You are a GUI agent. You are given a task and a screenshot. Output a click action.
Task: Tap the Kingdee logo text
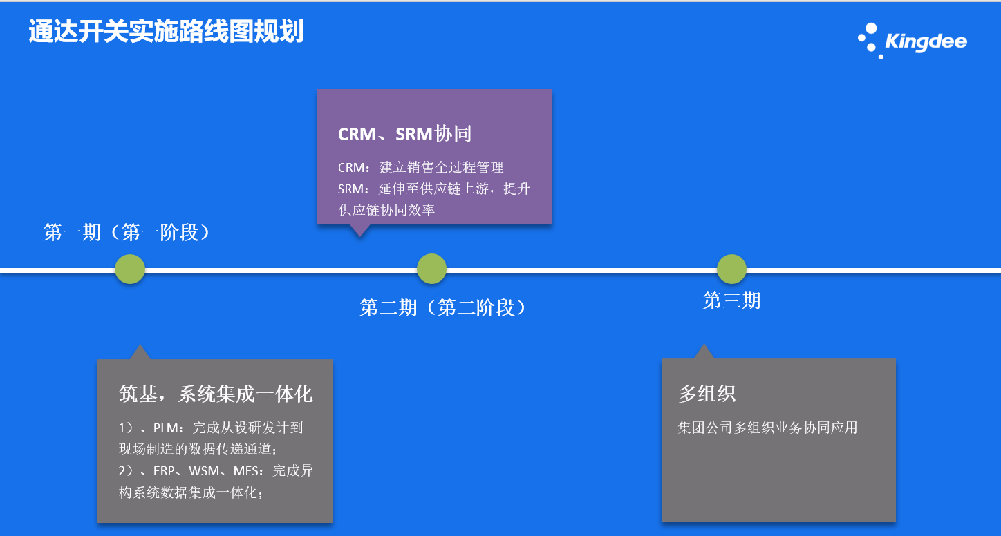pos(926,42)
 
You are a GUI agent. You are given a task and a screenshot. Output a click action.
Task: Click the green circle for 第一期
pos(130,269)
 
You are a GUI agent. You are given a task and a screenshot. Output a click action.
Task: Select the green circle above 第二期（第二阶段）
pos(432,269)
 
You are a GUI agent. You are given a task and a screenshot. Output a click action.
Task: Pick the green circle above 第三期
pos(731,269)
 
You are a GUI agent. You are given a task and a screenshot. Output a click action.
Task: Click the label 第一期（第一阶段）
pos(127,232)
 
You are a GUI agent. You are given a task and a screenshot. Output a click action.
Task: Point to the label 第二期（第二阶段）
pos(443,307)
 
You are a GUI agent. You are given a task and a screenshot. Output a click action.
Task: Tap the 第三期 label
pos(731,300)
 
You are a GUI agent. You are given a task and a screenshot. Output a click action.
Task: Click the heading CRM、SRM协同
pos(404,133)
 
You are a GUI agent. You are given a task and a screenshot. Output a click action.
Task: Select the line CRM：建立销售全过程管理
pos(420,167)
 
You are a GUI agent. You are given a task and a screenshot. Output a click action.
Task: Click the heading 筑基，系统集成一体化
pos(216,394)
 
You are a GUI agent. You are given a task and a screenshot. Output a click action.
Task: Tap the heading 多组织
pos(707,394)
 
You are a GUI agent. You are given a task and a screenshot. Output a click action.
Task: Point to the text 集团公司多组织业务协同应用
pos(767,428)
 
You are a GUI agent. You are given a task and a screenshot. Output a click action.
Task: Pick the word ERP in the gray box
pos(165,471)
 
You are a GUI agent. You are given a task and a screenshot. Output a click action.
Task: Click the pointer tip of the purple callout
pos(359,235)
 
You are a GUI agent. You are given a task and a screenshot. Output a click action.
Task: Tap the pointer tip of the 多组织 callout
pos(704,345)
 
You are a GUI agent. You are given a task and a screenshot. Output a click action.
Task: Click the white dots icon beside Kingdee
pos(869,40)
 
